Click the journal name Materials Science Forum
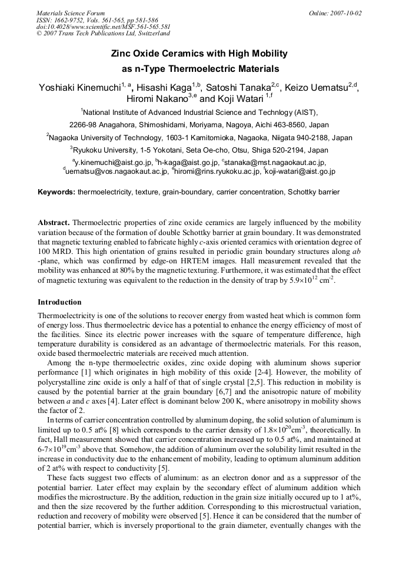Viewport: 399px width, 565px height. (x=71, y=13)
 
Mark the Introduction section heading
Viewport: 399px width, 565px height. (x=59, y=302)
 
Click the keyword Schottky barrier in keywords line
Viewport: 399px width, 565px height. (x=314, y=192)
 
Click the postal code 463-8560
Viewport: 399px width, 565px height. (x=277, y=125)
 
